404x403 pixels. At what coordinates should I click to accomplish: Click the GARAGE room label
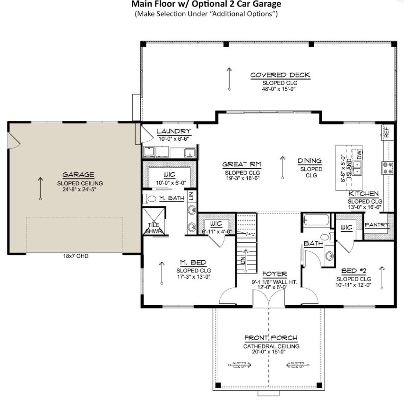(76, 174)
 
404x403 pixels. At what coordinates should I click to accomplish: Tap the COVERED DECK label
(280, 75)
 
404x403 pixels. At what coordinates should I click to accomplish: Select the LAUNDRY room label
(174, 131)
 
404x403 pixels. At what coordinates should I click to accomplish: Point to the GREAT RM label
(242, 164)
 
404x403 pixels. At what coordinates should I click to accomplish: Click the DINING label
(309, 161)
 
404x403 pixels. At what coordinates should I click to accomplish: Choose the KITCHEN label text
(364, 194)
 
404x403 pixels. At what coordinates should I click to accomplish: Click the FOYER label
(274, 274)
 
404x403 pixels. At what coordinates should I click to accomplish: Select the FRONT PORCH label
(271, 338)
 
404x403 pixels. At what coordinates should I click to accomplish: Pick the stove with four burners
(387, 167)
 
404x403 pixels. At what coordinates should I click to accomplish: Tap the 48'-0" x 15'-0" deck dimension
(279, 88)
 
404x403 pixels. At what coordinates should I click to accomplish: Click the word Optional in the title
(222, 4)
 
